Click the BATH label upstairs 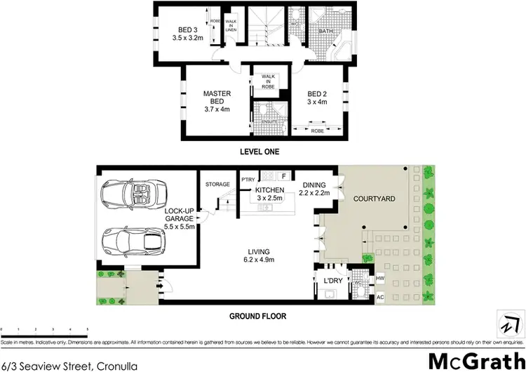coord(326,31)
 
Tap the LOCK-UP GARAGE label coord(180,218)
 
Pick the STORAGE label coord(217,185)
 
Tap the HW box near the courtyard coord(381,279)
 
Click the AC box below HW coord(381,298)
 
